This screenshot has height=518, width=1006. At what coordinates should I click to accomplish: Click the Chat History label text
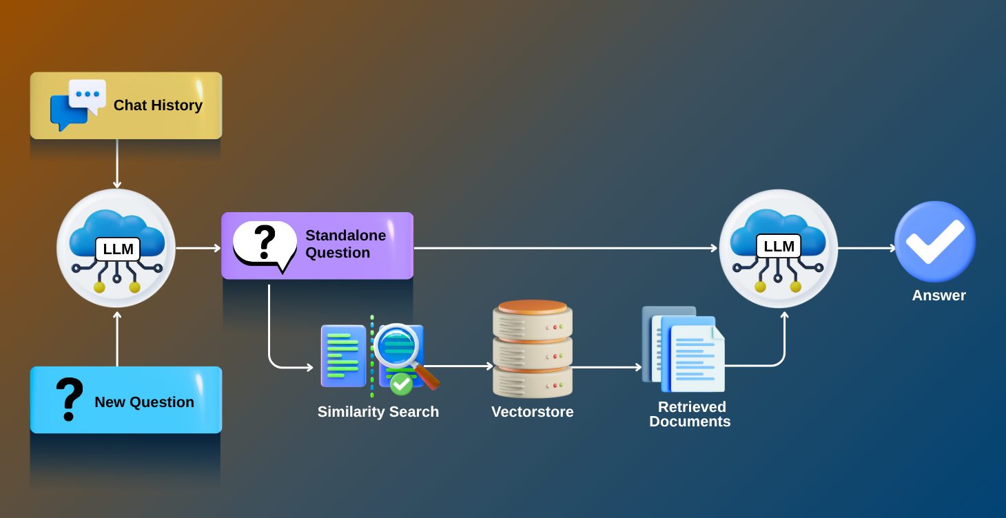(158, 105)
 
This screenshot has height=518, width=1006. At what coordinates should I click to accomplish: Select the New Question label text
(144, 402)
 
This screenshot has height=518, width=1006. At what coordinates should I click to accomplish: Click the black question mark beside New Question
(68, 400)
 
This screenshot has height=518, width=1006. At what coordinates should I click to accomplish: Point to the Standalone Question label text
(345, 245)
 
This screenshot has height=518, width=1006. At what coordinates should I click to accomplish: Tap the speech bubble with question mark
(264, 245)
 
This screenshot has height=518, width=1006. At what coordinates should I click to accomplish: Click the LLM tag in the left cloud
(117, 249)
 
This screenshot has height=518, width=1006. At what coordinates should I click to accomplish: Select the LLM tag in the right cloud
(779, 246)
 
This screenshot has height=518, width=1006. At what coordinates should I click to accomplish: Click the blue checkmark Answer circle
(934, 242)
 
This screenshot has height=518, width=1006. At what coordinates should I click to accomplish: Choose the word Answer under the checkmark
(938, 296)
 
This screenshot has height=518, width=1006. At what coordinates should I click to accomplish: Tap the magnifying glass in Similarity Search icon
(400, 347)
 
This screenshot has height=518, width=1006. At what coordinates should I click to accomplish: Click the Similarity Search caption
(378, 412)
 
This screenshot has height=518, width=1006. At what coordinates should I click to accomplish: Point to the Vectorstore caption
(532, 412)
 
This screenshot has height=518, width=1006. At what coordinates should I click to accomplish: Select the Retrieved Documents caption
(690, 414)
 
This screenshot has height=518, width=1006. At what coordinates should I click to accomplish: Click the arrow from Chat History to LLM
(117, 164)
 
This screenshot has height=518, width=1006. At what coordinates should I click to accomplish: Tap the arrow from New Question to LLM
(117, 339)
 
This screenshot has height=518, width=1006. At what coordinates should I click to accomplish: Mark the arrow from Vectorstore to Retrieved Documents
(606, 367)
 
